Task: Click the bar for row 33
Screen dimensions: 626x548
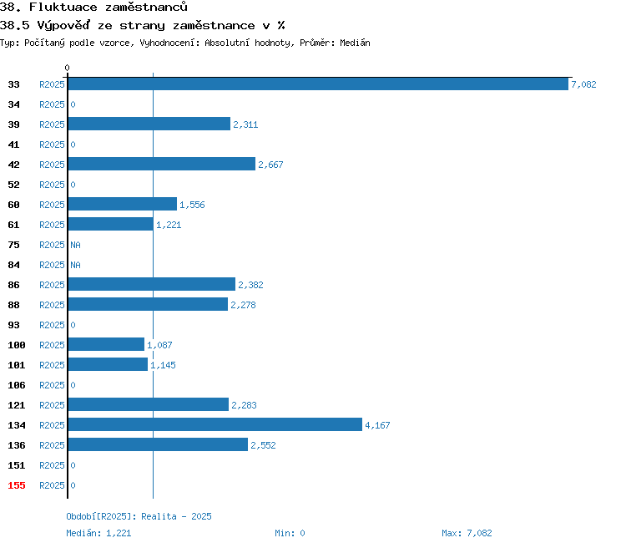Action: pyautogui.click(x=318, y=84)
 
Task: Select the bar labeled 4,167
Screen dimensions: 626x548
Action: pyautogui.click(x=215, y=424)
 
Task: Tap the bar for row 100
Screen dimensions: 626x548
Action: pyautogui.click(x=106, y=344)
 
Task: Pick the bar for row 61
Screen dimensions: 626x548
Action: pyautogui.click(x=110, y=224)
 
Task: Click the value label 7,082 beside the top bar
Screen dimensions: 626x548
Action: pyautogui.click(x=583, y=84)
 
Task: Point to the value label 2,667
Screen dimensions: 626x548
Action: pyautogui.click(x=270, y=165)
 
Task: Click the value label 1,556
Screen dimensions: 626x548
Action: pyautogui.click(x=192, y=205)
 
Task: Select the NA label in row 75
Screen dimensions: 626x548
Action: pyautogui.click(x=75, y=245)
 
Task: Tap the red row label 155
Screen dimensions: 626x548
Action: pyautogui.click(x=17, y=485)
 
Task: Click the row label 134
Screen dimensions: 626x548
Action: pyautogui.click(x=17, y=425)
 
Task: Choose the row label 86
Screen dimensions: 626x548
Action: pyautogui.click(x=13, y=285)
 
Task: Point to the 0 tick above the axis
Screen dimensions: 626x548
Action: pyautogui.click(x=67, y=68)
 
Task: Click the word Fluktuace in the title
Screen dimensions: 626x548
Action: pyautogui.click(x=63, y=7)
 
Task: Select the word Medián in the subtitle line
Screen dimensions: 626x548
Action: pyautogui.click(x=355, y=43)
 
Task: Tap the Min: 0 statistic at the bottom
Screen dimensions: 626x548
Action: pyautogui.click(x=290, y=533)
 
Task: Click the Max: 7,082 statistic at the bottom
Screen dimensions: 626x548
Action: pyautogui.click(x=467, y=533)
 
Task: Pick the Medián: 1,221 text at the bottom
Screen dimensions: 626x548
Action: pyautogui.click(x=98, y=533)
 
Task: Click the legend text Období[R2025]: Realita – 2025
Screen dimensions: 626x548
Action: pyautogui.click(x=139, y=516)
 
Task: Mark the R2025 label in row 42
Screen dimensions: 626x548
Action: pyautogui.click(x=52, y=165)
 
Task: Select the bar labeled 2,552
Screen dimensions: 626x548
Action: pyautogui.click(x=158, y=444)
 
